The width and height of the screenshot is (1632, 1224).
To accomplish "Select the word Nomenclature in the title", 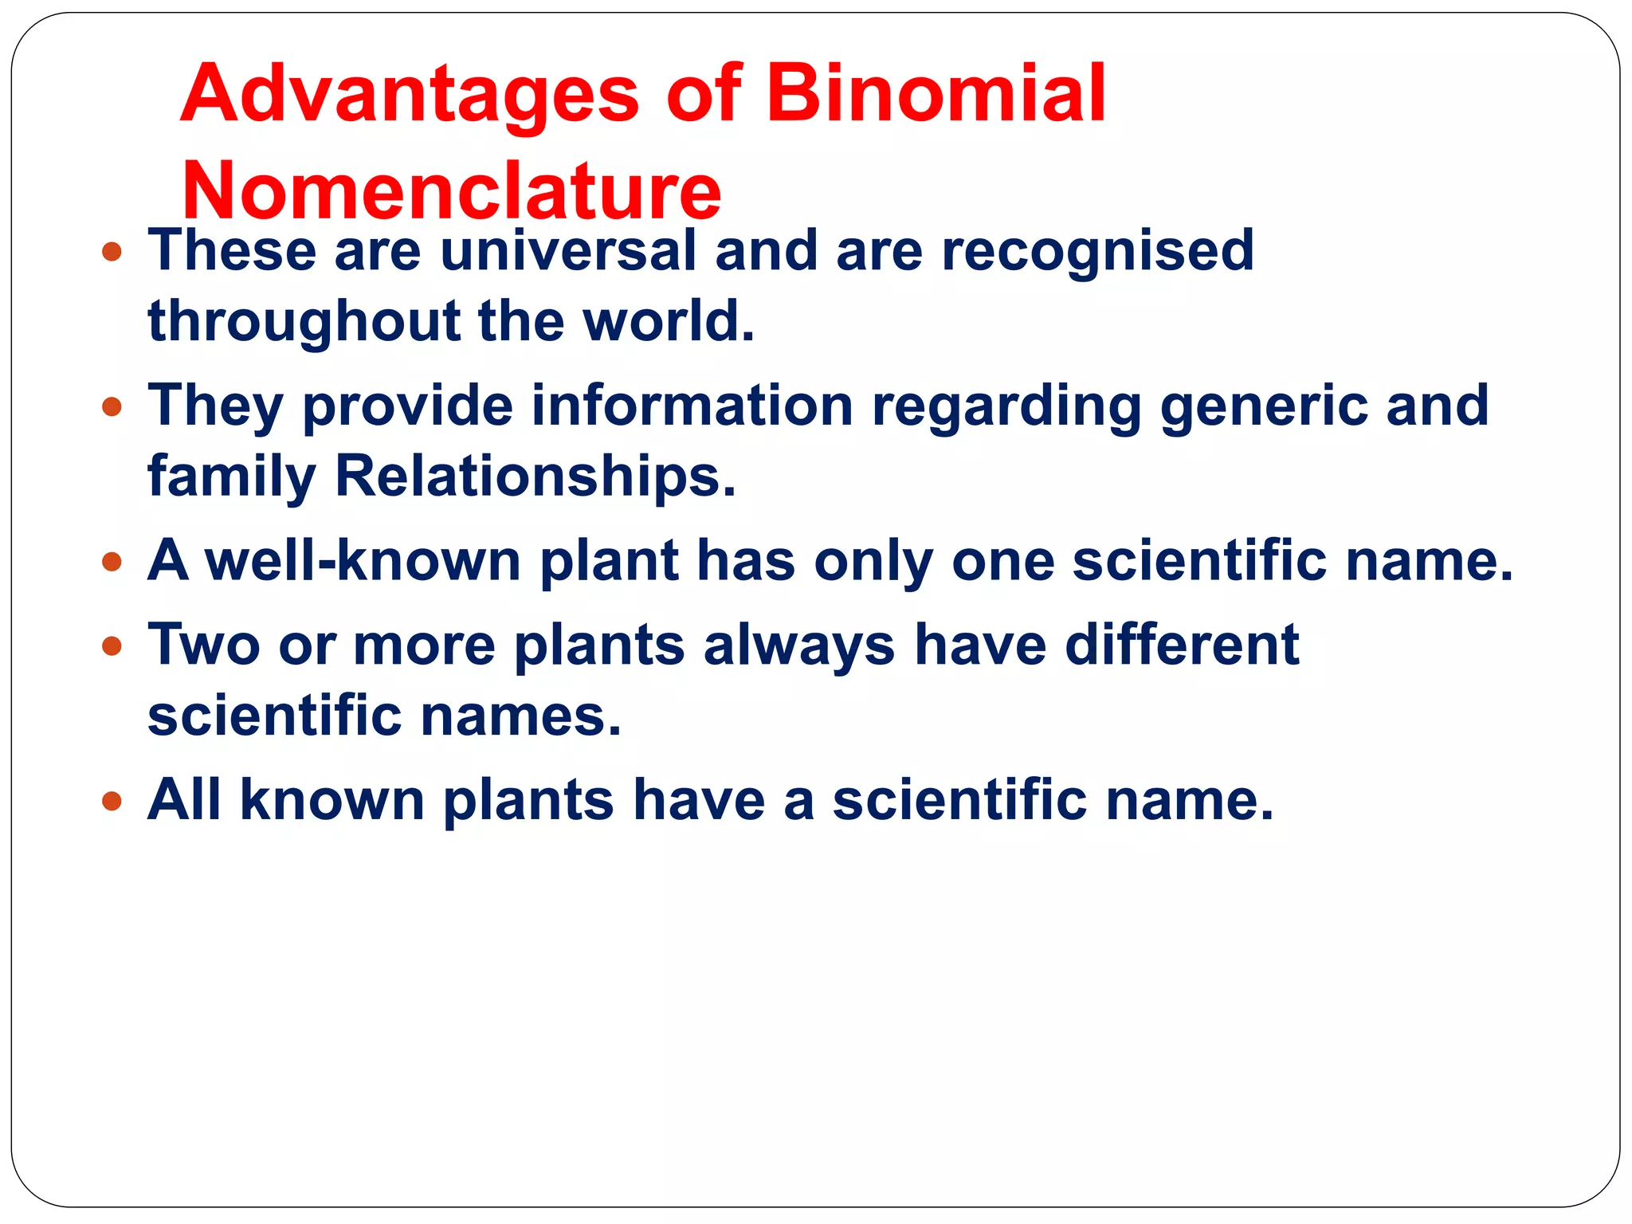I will [x=451, y=191].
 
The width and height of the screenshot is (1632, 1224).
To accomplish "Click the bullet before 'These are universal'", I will [x=112, y=253].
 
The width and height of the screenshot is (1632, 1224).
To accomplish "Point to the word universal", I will [x=568, y=251].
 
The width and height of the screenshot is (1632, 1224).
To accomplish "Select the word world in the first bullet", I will [x=667, y=321].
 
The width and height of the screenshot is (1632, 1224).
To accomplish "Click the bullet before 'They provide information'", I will [x=112, y=408].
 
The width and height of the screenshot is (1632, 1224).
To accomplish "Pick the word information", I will [x=692, y=406].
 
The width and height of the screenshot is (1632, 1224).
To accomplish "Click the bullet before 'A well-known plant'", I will [x=112, y=563].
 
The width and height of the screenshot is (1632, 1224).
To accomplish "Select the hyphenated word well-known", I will [x=363, y=560].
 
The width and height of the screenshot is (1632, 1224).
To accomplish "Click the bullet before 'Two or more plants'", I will [x=112, y=645].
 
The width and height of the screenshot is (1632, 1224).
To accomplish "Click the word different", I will [x=1182, y=644].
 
